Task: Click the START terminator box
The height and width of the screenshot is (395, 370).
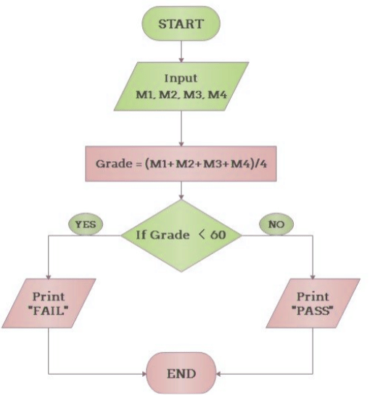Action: coord(181,23)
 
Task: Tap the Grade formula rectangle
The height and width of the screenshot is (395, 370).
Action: coord(181,163)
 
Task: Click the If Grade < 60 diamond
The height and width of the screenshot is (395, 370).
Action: coord(181,235)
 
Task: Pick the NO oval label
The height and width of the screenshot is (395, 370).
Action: coord(275,224)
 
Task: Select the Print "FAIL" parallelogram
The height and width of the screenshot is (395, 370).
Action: coord(48,303)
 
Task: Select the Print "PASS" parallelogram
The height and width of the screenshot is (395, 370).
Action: coord(313,303)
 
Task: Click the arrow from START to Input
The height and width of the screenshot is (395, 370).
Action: coord(181,51)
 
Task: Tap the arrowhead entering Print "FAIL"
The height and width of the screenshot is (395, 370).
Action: coord(48,274)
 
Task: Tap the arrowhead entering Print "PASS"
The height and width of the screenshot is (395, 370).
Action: coord(313,274)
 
